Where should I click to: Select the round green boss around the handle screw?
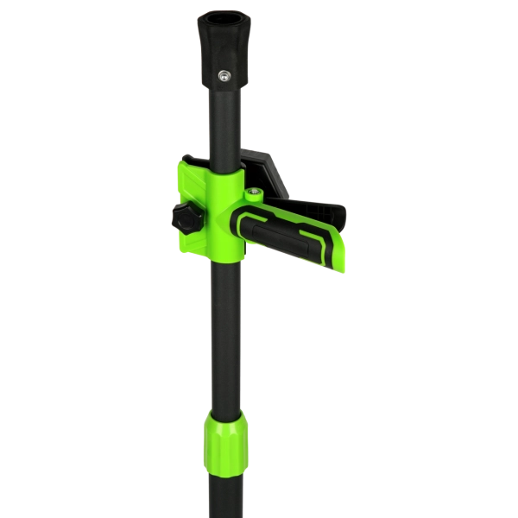point(256,198)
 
